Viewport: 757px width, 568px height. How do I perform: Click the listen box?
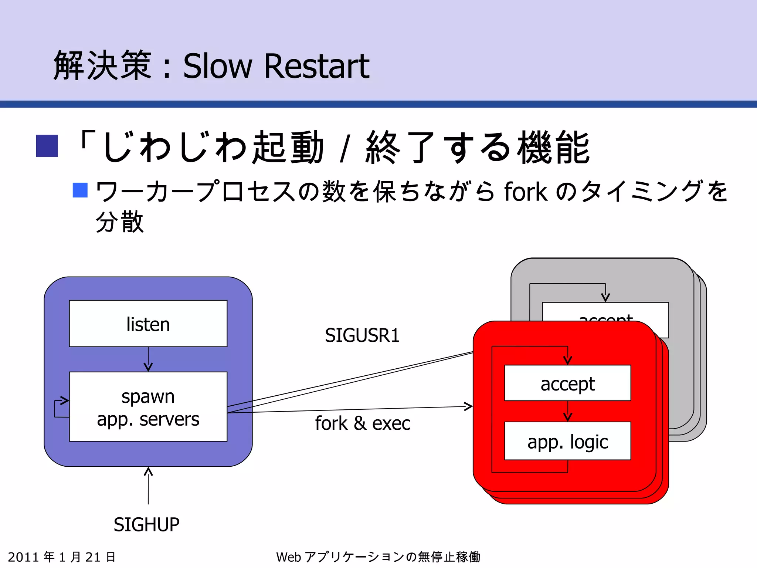148,324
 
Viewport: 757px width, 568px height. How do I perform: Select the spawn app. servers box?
148,407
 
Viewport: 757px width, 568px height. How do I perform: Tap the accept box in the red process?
567,383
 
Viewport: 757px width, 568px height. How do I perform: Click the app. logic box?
567,441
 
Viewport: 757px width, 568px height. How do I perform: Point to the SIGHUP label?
146,524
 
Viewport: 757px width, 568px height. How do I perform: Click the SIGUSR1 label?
362,335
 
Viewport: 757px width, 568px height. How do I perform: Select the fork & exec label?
362,423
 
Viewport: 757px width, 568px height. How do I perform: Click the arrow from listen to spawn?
148,359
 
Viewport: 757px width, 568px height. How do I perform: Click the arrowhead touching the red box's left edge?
468,407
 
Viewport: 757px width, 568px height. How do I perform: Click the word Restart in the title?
316,66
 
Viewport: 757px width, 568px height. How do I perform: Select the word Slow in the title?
217,66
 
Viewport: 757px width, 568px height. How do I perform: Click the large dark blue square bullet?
47,146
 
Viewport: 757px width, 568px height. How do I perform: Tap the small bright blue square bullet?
80,190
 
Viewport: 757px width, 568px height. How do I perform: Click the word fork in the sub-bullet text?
525,192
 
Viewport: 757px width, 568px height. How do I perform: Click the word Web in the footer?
288,557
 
